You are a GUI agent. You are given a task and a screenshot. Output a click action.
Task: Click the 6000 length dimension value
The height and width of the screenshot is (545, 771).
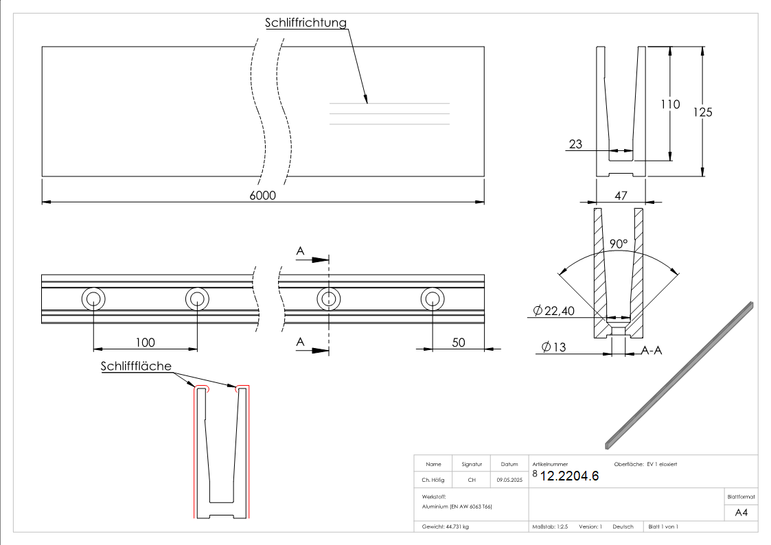pos(262,196)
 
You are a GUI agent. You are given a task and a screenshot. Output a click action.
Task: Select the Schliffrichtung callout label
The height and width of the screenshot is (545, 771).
pos(306,23)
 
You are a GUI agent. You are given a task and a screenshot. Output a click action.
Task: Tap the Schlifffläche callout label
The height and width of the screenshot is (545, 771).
pos(136,366)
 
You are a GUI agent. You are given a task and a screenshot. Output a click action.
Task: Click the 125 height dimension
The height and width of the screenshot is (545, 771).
pos(702,113)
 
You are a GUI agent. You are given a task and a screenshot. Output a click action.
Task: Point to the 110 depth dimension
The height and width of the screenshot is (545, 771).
pos(669,104)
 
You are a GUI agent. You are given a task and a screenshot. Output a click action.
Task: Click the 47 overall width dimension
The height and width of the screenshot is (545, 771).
pos(621,196)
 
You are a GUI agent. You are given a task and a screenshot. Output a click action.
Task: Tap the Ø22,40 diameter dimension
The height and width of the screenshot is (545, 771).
pos(554,312)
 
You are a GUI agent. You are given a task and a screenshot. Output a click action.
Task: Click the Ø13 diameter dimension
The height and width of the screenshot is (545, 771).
pos(553,347)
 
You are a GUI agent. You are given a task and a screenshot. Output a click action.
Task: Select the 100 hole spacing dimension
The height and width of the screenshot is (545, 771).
pos(145,343)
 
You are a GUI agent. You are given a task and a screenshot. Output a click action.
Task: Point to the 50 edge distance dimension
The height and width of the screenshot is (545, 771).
pos(458,343)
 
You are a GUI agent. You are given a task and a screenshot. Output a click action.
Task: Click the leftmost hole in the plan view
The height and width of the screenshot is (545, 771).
pos(93,299)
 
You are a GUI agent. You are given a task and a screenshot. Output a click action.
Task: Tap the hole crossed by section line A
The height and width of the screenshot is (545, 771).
pos(329,299)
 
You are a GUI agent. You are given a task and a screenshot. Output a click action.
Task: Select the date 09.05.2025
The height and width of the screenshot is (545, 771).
pos(509,480)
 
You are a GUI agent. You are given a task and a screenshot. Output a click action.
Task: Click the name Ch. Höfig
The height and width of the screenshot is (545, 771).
pos(433,480)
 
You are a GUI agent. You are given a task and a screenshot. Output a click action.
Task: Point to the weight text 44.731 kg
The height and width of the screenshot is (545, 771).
pos(446,526)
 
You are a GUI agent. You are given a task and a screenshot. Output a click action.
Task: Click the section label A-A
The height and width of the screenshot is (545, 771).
pos(652,350)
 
